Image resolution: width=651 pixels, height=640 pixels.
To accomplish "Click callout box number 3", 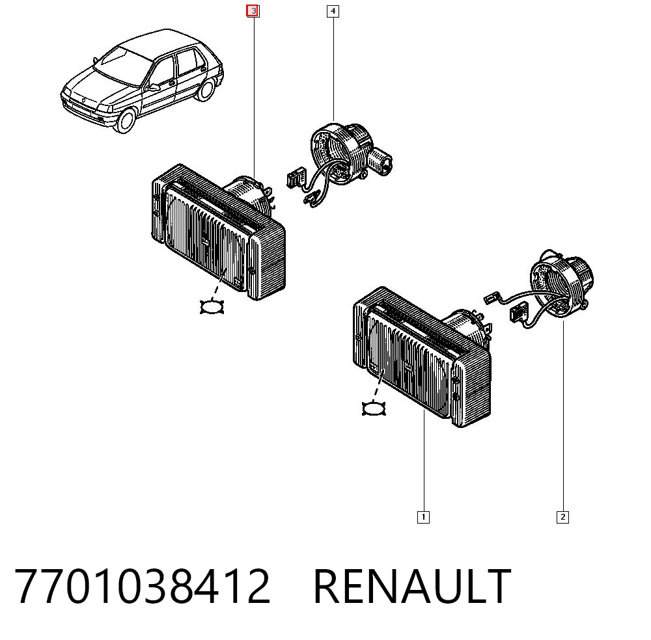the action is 253,11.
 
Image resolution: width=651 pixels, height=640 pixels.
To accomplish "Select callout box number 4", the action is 333,11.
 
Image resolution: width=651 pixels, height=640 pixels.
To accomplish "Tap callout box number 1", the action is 423,517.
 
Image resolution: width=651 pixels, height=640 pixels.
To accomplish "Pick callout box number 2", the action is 562,517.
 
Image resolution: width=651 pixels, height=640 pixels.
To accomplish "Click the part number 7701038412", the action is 143,586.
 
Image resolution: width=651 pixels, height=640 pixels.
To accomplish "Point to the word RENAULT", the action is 412,586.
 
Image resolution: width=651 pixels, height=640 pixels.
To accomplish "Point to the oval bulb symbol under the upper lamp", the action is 212,307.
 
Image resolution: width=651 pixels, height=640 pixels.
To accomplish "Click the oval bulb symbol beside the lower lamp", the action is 374,409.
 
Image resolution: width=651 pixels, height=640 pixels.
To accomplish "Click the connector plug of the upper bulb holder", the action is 296,179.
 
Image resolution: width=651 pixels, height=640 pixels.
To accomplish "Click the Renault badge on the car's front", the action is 83,101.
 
